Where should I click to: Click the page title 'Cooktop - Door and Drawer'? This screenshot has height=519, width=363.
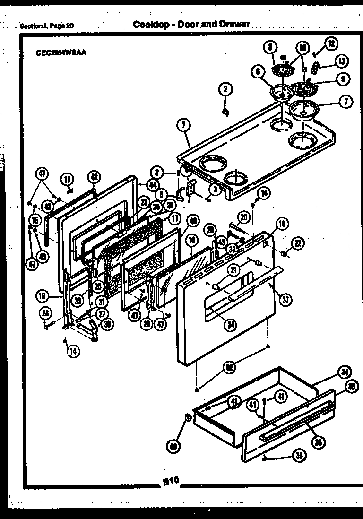[191, 24]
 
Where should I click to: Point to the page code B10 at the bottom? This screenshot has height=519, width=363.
[171, 481]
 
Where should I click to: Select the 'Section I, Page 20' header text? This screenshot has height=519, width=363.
[47, 26]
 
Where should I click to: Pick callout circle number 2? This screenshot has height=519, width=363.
[225, 89]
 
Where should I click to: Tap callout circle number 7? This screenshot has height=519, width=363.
[346, 101]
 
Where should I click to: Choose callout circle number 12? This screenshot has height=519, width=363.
[331, 44]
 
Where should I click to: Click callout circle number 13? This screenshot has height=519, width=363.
[341, 61]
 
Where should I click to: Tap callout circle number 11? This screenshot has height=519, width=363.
[67, 179]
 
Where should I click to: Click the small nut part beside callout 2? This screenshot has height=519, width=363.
[226, 112]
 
